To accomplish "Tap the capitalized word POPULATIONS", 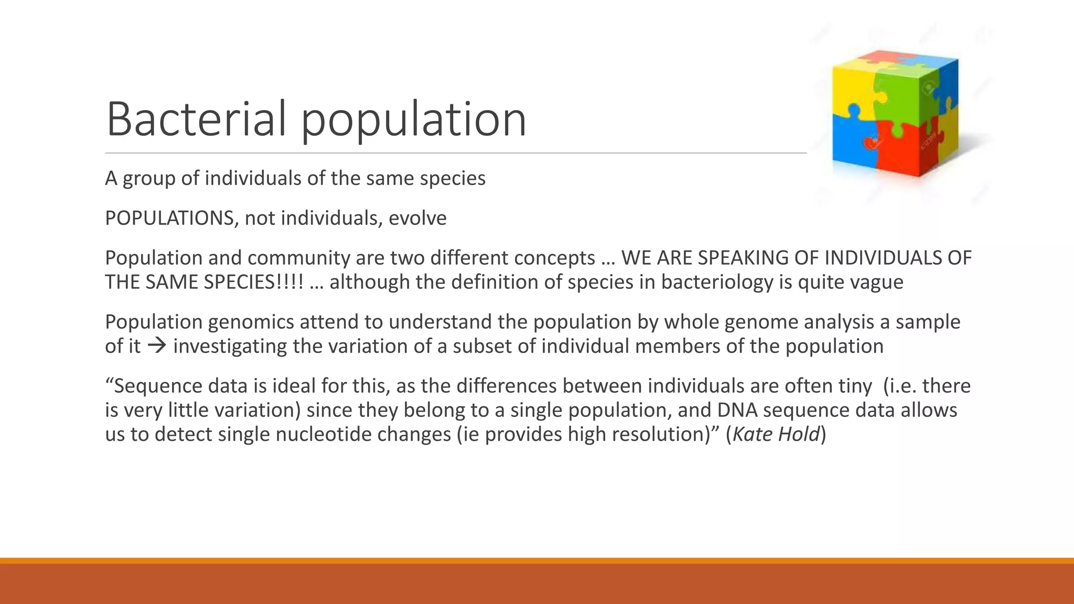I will point(169,218).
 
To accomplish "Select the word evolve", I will point(417,218).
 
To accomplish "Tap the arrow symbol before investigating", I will point(156,346).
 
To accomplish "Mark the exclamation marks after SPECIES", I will point(293,282).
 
